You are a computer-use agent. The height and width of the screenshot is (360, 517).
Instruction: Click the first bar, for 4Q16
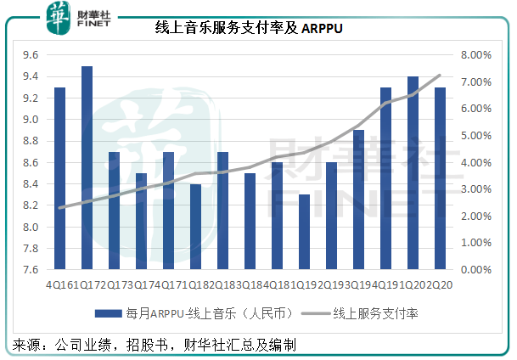click(x=59, y=178)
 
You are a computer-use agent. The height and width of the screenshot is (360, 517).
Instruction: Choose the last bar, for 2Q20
click(x=441, y=178)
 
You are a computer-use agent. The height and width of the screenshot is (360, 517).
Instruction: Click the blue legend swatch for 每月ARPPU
click(x=111, y=312)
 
